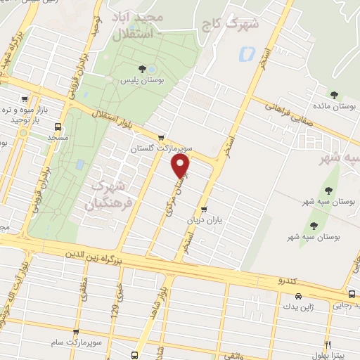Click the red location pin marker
[x=181, y=166]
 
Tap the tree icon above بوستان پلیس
[x=143, y=69]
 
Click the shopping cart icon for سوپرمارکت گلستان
[x=162, y=137]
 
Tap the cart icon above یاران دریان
[x=204, y=209]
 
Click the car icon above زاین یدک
[x=298, y=296]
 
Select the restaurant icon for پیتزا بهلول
[x=328, y=345]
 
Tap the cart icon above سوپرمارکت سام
[x=75, y=330]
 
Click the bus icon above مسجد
[x=57, y=127]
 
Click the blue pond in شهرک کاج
[x=245, y=53]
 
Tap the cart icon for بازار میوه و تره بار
[x=25, y=99]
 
